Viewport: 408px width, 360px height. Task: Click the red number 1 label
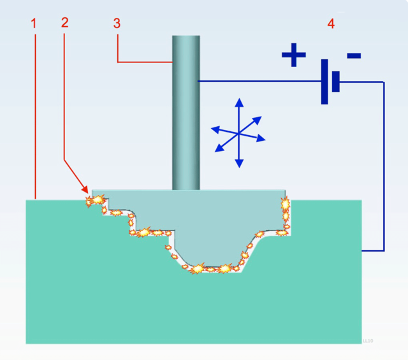pyautogui.click(x=34, y=24)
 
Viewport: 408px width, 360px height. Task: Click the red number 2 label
pyautogui.click(x=64, y=22)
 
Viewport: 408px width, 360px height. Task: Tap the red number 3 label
pyautogui.click(x=116, y=24)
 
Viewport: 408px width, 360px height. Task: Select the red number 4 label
pyautogui.click(x=330, y=24)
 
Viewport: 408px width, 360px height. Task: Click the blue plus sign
pyautogui.click(x=294, y=55)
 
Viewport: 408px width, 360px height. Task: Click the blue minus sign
pyautogui.click(x=354, y=56)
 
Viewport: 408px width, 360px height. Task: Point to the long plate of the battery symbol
pyautogui.click(x=324, y=82)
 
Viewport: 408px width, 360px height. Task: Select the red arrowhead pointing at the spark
pyautogui.click(x=86, y=190)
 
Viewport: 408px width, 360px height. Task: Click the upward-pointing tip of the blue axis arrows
pyautogui.click(x=238, y=101)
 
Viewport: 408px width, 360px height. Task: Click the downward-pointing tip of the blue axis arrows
pyautogui.click(x=238, y=165)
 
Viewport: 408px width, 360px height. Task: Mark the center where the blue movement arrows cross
pyautogui.click(x=238, y=134)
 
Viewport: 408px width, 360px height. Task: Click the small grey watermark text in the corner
pyautogui.click(x=368, y=341)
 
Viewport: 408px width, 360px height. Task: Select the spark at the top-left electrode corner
pyautogui.click(x=96, y=200)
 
